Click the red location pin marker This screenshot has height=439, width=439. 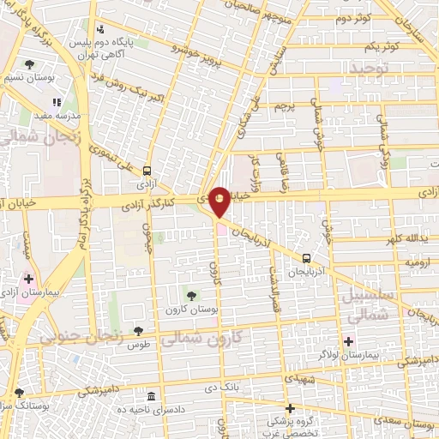(x=219, y=201)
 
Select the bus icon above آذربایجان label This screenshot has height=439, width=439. (x=306, y=258)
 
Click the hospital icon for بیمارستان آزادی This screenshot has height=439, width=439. (x=28, y=280)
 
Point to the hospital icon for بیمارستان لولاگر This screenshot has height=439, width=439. (x=348, y=342)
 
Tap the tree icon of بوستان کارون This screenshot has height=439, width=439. (x=190, y=295)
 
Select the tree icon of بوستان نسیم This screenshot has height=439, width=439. (x=29, y=64)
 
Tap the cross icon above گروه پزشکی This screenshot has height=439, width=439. (x=290, y=408)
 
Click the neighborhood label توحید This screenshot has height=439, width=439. (x=370, y=66)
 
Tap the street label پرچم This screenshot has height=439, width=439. (x=283, y=105)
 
